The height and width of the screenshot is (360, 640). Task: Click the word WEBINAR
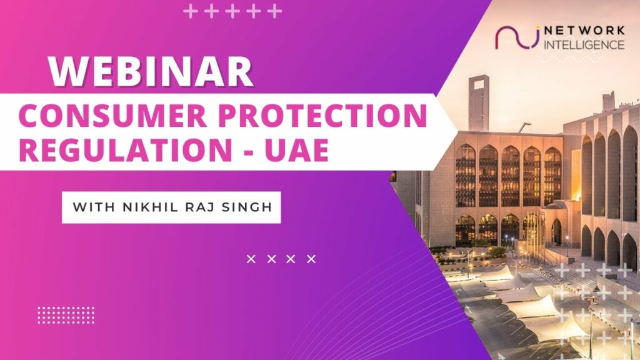pyautogui.click(x=151, y=72)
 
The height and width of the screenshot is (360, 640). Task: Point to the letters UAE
pyautogui.click(x=296, y=150)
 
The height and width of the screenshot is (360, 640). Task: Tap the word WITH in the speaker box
pyautogui.click(x=94, y=207)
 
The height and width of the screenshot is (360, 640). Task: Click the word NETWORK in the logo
pyautogui.click(x=584, y=31)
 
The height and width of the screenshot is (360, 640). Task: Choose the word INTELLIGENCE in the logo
pyautogui.click(x=584, y=44)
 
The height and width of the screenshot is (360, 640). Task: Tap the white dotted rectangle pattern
pyautogui.click(x=66, y=315)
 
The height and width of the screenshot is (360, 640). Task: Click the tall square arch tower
pyautogui.click(x=478, y=103)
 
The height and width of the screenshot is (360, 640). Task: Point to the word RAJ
pyautogui.click(x=199, y=207)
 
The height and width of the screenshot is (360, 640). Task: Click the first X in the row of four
pyautogui.click(x=251, y=259)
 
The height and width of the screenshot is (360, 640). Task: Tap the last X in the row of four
pyautogui.click(x=311, y=259)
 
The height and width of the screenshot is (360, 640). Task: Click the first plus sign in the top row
pyautogui.click(x=190, y=11)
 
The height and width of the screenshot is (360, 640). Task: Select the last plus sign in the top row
pyautogui.click(x=275, y=11)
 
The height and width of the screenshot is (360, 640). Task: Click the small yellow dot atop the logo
pyautogui.click(x=537, y=27)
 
